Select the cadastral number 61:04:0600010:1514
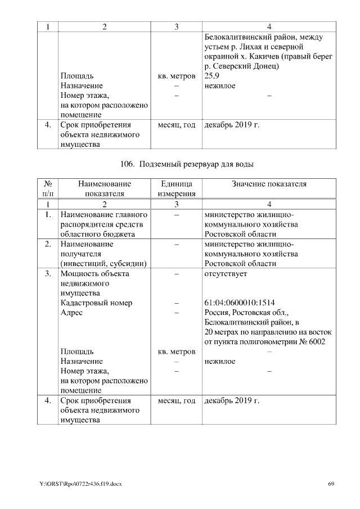point(240,303)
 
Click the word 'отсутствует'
point(226,274)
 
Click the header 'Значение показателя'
point(269,184)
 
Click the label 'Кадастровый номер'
point(96,303)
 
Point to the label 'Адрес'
point(71,313)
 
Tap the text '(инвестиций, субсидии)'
point(103,263)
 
